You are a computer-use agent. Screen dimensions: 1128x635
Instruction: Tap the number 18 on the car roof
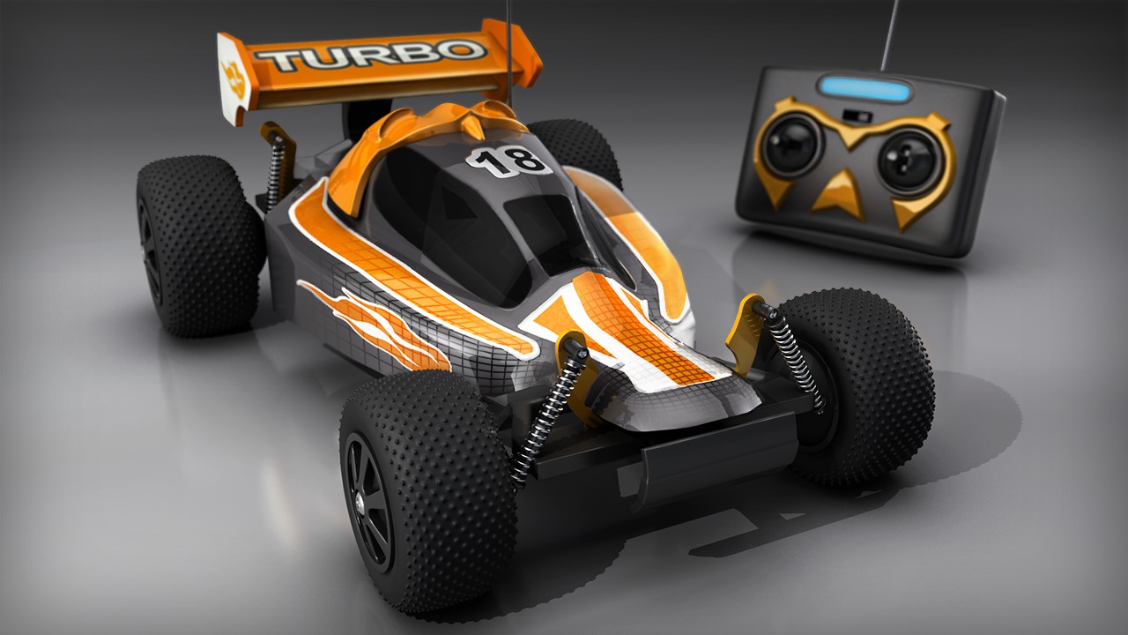tap(508, 161)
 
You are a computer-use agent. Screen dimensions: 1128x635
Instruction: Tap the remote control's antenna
tap(889, 35)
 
